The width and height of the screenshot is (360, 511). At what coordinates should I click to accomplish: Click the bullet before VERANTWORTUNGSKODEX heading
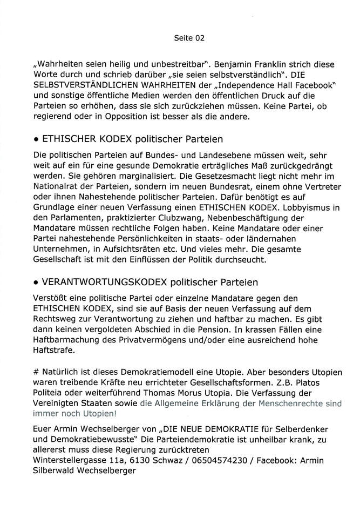(35, 283)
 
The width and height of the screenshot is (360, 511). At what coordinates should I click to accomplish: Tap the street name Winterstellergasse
(71, 459)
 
